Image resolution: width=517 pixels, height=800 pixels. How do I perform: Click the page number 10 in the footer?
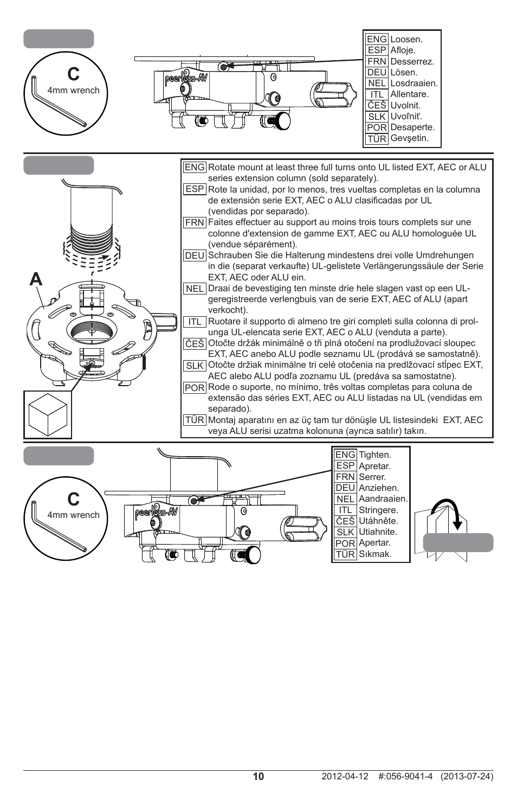tap(258, 776)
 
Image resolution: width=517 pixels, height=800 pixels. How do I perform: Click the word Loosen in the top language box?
tap(406, 39)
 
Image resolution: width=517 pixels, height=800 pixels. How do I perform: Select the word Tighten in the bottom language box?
tap(374, 455)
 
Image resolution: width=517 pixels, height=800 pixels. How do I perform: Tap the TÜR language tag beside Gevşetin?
tap(377, 138)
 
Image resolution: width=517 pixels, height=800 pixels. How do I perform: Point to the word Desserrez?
tap(412, 61)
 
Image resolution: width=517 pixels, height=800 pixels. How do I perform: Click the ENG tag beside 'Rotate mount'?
tap(195, 167)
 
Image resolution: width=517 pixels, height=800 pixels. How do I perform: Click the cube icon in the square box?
tap(48, 414)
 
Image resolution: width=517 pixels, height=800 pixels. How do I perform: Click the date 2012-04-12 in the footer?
tap(345, 776)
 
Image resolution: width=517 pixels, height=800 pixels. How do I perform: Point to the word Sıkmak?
tap(375, 554)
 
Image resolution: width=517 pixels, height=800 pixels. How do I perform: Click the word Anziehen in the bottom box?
tap(378, 488)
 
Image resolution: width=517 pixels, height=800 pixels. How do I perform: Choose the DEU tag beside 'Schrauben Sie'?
tap(195, 255)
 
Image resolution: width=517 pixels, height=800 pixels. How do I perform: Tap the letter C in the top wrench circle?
tap(73, 74)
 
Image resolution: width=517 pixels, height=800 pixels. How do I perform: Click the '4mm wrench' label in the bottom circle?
tap(73, 515)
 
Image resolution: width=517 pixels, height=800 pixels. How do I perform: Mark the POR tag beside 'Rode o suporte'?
tap(195, 388)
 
